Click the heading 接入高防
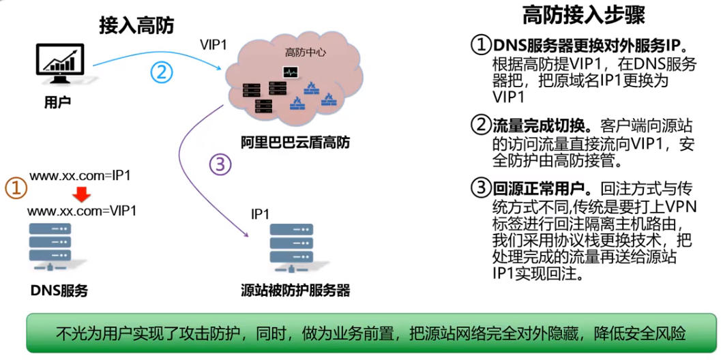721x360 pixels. (x=136, y=26)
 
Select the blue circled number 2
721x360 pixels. (x=161, y=72)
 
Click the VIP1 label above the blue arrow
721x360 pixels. (x=213, y=44)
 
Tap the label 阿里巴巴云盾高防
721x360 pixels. (x=295, y=142)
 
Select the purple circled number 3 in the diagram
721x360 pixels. (x=220, y=164)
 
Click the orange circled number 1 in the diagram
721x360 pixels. (x=16, y=187)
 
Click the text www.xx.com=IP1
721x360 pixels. (x=80, y=176)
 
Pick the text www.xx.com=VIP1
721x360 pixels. (x=82, y=211)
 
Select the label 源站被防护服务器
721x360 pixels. (x=295, y=290)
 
